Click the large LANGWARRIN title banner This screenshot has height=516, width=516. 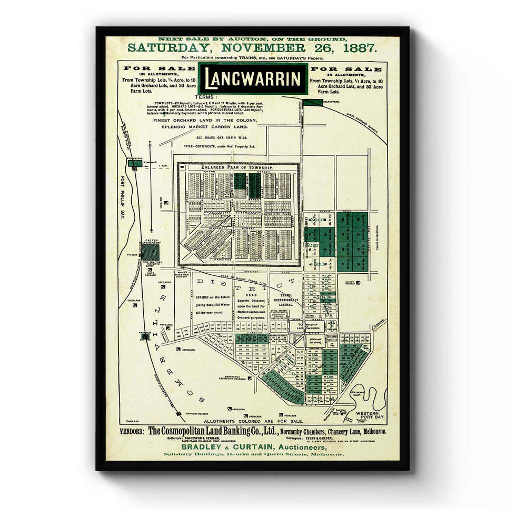pos(253,79)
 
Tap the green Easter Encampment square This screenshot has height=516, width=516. pos(150,252)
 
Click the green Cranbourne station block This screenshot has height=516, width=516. pos(313,102)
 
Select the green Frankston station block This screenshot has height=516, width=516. pos(135,163)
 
